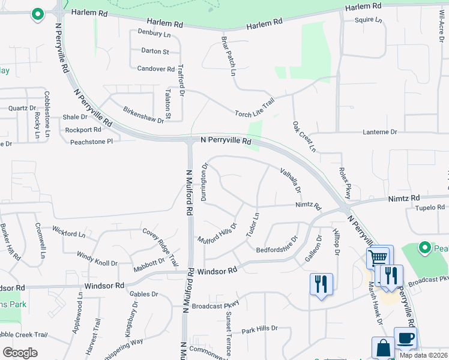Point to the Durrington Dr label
(x=205, y=182)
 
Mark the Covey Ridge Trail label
(x=160, y=247)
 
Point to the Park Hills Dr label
(x=259, y=329)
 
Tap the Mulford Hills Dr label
(x=218, y=233)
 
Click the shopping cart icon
(x=378, y=258)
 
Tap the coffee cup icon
(x=405, y=338)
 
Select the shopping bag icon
(x=382, y=347)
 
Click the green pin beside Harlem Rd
(x=37, y=14)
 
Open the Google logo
(x=20, y=353)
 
